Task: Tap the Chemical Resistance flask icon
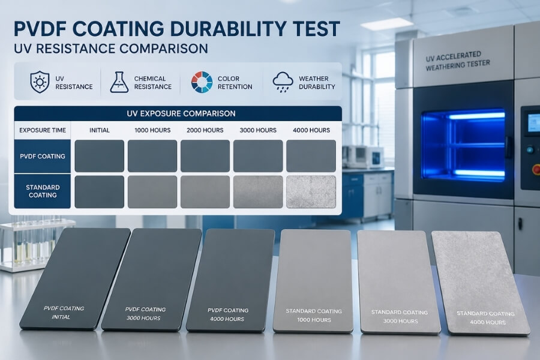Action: (x=119, y=82)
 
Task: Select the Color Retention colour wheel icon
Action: (x=202, y=82)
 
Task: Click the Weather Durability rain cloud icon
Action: (x=283, y=82)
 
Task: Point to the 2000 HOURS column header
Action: (x=205, y=130)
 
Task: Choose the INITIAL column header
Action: (x=100, y=130)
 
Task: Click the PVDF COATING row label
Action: (x=42, y=156)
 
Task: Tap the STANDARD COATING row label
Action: (x=42, y=191)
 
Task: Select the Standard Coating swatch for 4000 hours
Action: (x=311, y=192)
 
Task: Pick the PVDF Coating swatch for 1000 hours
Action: (x=152, y=156)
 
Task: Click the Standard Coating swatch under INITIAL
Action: (x=100, y=192)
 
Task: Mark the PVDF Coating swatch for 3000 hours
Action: (x=258, y=156)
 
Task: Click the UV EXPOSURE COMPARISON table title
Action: (x=176, y=113)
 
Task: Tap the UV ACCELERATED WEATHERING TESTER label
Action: (x=458, y=61)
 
